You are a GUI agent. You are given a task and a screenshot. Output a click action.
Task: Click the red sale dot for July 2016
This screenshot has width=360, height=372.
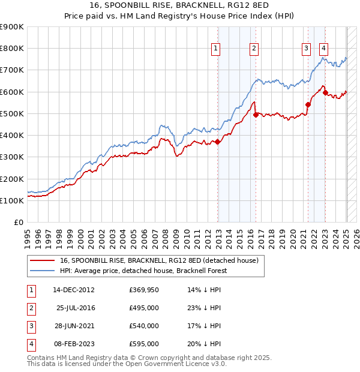click(256, 115)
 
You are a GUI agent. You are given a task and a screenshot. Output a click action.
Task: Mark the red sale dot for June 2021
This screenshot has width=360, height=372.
click(308, 104)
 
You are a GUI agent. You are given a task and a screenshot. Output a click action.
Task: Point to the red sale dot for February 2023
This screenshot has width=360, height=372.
click(325, 92)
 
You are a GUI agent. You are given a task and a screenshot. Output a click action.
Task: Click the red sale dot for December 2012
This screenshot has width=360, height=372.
click(218, 142)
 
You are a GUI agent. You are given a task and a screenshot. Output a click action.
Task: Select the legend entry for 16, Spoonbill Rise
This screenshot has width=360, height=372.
click(158, 260)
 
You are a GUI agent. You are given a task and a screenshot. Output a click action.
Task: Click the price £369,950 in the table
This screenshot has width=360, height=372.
click(144, 289)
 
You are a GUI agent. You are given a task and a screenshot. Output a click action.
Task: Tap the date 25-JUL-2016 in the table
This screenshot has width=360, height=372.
click(76, 308)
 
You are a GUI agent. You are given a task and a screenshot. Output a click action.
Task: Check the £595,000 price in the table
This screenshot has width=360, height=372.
click(144, 344)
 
